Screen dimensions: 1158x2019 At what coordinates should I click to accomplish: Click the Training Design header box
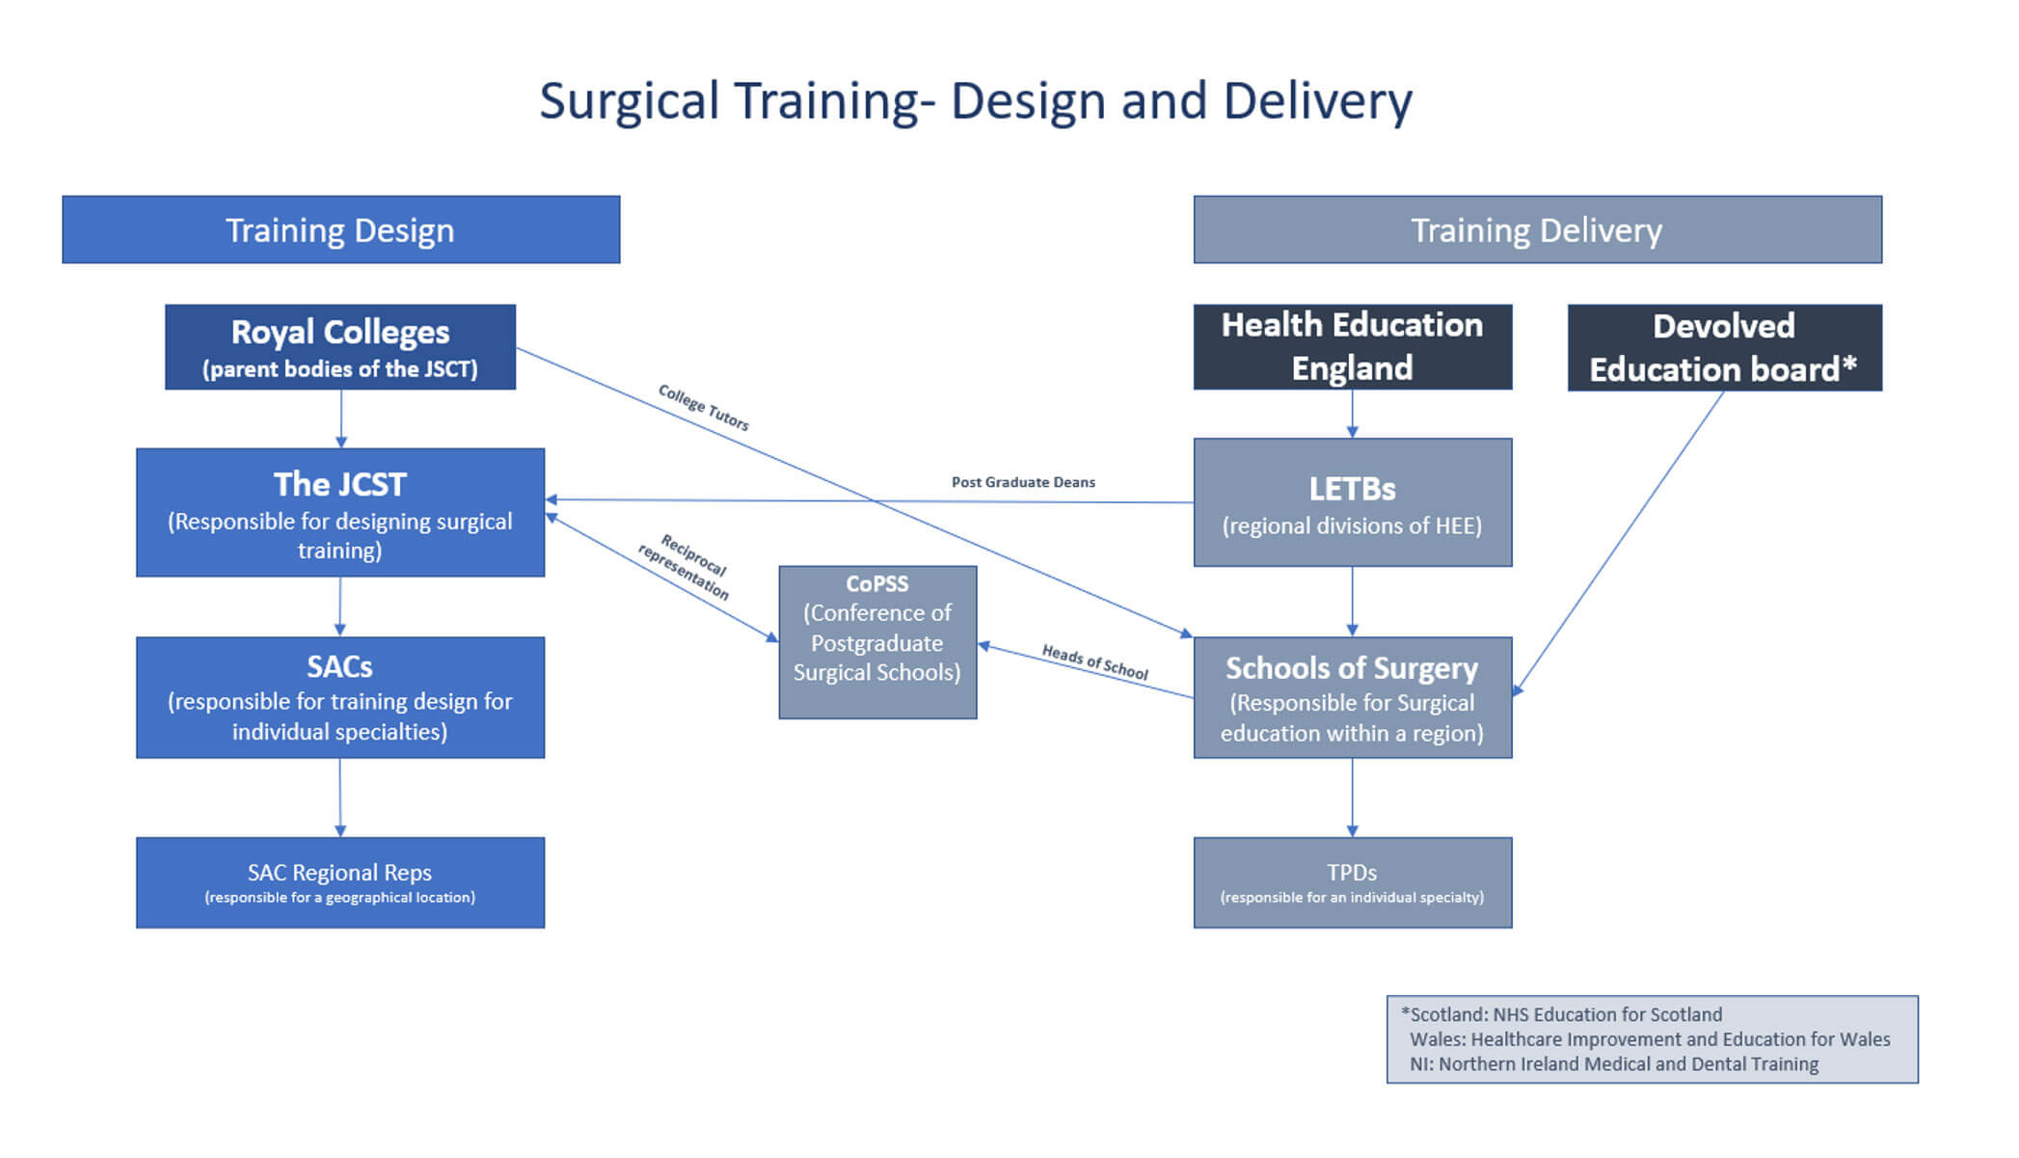(x=340, y=229)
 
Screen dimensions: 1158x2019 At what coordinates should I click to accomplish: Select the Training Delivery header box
(x=1537, y=229)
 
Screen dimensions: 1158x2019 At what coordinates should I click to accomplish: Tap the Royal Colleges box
(x=339, y=347)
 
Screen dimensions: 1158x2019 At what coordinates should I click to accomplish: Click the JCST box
(x=339, y=512)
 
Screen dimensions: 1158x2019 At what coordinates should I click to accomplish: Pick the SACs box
(x=339, y=697)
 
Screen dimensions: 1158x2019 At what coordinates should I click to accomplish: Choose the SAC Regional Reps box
(x=339, y=882)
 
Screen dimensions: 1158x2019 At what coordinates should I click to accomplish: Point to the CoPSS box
(x=877, y=642)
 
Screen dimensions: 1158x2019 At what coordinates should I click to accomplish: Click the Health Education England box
(x=1352, y=347)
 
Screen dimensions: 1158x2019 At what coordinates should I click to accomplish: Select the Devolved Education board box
(x=1724, y=348)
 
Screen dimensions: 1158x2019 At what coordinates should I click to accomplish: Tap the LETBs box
(x=1352, y=502)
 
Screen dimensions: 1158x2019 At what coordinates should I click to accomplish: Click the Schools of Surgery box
(x=1352, y=697)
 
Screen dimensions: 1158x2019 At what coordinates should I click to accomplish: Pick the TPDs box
(x=1352, y=882)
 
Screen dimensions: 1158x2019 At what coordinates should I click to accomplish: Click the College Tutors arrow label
(x=703, y=407)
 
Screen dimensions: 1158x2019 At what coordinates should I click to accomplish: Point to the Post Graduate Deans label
(x=1023, y=482)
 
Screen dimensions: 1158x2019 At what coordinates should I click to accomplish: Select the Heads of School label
(x=1094, y=662)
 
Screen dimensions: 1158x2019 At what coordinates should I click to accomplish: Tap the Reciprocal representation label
(x=684, y=566)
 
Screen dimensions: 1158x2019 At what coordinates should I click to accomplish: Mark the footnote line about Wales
(x=1649, y=1039)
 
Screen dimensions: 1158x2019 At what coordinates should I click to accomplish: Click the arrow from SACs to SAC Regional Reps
(x=339, y=797)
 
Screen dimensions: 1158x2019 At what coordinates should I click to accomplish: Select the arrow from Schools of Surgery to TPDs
(x=1352, y=797)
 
